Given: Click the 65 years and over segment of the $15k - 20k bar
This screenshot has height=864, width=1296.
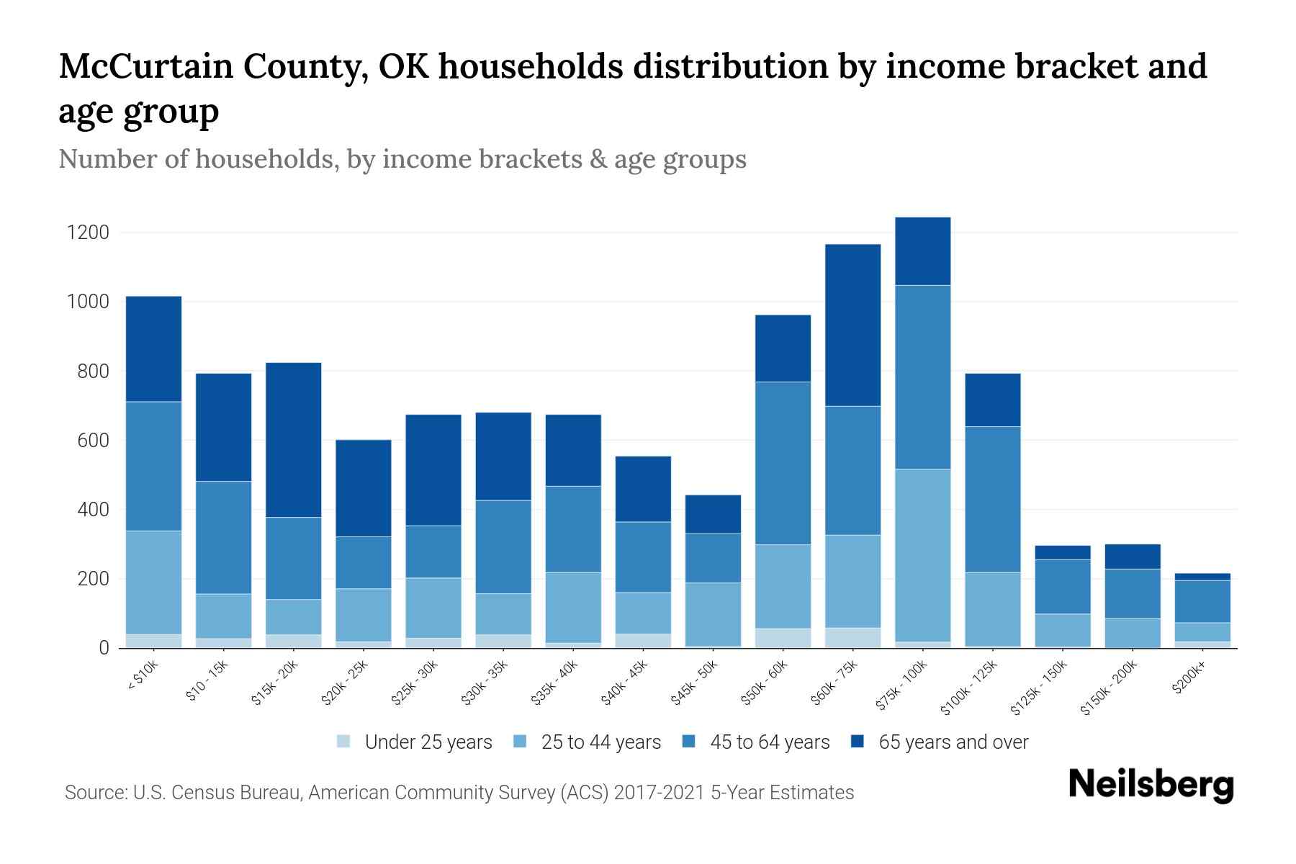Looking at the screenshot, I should point(293,439).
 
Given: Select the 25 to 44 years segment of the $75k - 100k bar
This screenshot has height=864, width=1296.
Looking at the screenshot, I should point(922,555).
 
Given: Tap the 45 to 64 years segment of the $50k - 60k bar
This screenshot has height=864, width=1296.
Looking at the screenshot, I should point(783,463).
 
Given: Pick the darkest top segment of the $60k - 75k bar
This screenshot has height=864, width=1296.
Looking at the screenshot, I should point(852,325).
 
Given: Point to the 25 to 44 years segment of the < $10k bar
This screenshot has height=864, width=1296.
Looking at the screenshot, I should point(153,582).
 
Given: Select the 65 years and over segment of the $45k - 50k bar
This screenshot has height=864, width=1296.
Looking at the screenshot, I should point(713,514).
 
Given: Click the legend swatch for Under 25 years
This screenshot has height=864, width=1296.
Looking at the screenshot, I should point(344,742).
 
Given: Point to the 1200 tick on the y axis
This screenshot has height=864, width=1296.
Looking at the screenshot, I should point(88,233).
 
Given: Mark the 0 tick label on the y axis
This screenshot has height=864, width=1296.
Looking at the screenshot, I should point(104,648).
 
